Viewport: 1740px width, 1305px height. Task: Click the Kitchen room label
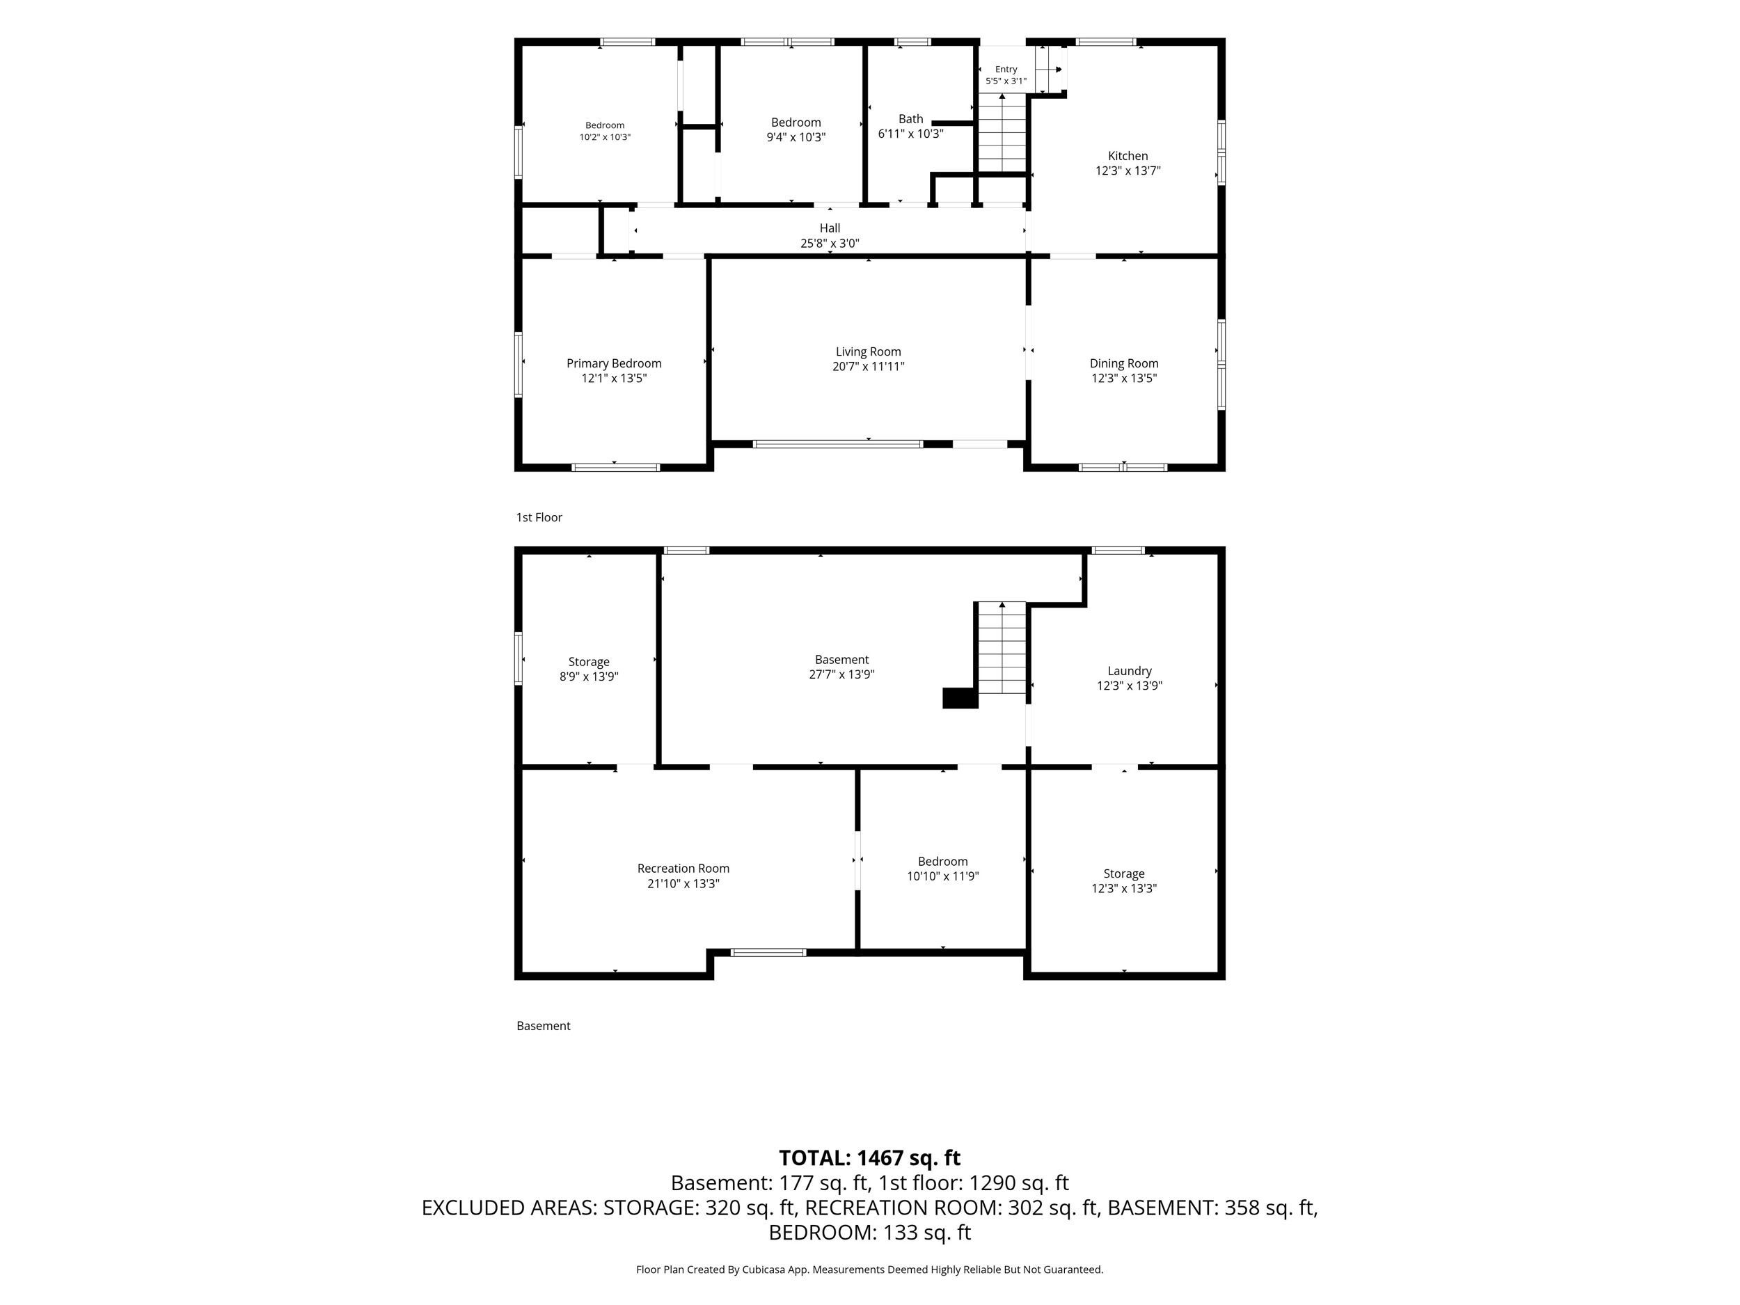click(x=1128, y=156)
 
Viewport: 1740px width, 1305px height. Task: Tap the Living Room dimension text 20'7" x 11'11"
click(x=869, y=367)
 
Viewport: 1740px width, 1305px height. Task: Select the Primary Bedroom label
click(x=614, y=363)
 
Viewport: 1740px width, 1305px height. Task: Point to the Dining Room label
click(x=1124, y=363)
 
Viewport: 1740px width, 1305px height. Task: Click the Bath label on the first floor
click(x=911, y=119)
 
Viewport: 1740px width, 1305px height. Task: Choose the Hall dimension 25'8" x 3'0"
click(x=830, y=244)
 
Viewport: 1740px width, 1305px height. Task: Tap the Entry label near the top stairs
click(x=1006, y=69)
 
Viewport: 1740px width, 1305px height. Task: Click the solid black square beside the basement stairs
click(x=960, y=697)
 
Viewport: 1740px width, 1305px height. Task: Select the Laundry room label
click(x=1130, y=671)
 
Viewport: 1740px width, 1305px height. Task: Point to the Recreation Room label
click(x=683, y=869)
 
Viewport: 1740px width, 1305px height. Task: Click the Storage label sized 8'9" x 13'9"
click(x=590, y=663)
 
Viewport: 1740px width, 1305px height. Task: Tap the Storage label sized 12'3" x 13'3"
click(x=1124, y=874)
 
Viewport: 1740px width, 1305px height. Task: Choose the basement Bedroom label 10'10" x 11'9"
click(x=942, y=862)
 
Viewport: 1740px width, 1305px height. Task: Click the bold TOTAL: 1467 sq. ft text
click(x=870, y=1158)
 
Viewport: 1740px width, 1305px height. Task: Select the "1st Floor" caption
click(x=539, y=518)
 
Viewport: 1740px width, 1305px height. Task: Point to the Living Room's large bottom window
click(x=838, y=445)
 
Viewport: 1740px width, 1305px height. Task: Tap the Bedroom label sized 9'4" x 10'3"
click(x=796, y=122)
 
